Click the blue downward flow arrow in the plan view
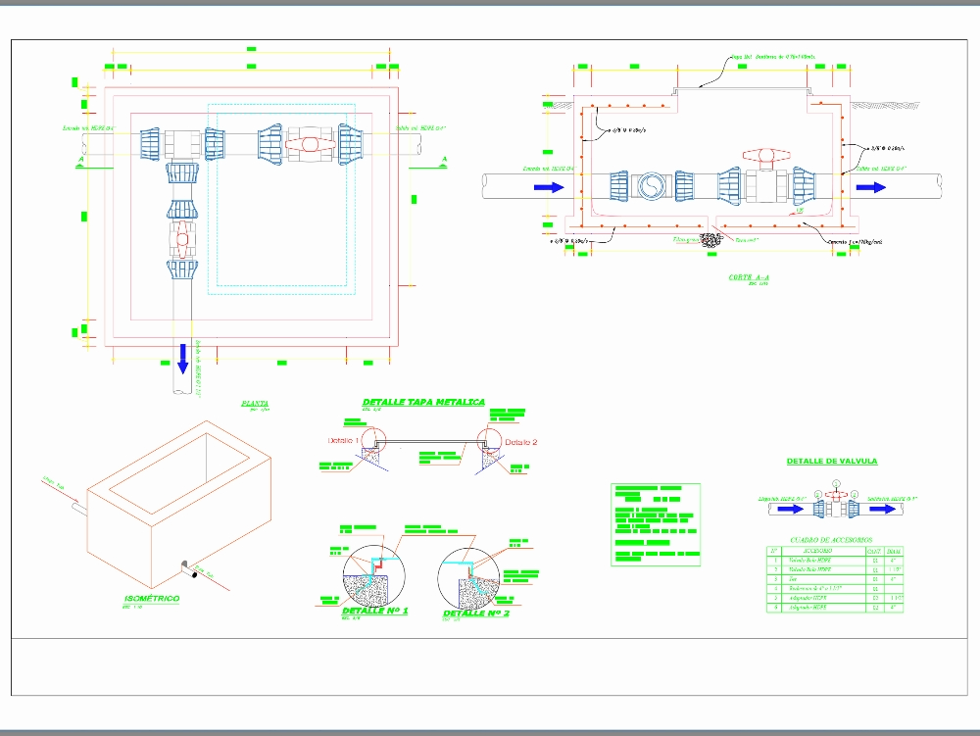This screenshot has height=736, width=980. pos(181,358)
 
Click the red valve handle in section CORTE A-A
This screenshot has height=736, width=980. pos(760,155)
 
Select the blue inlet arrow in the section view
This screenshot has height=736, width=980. pos(549,186)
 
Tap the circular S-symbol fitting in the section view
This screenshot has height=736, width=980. pos(651,186)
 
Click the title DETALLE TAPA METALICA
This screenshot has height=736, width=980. pos(423,403)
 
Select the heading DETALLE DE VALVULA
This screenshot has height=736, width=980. pos(832,461)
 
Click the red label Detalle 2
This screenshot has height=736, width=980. pos(522,442)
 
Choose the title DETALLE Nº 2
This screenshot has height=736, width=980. pos(476,613)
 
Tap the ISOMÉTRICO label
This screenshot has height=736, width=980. pos(152,598)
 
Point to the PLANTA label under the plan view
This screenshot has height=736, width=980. pos(255,403)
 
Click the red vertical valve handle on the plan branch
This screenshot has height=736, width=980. pos(182,237)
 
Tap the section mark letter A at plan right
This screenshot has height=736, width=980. pos(444,158)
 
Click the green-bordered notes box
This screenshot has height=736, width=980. pos(656,523)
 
